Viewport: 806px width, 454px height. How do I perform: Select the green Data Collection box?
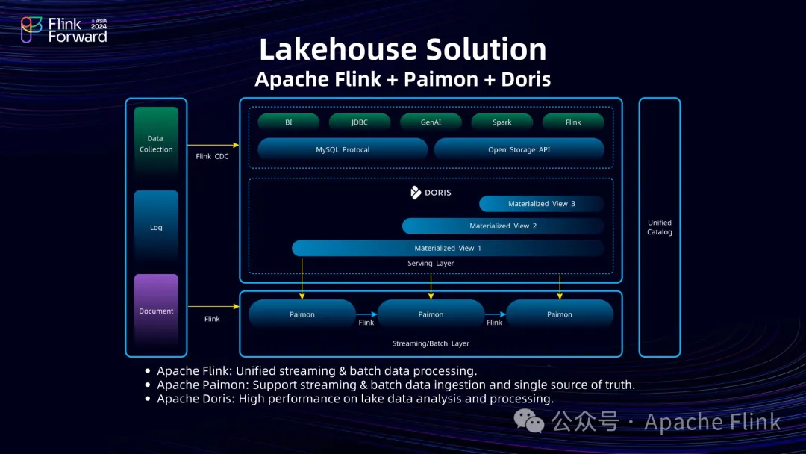coord(156,143)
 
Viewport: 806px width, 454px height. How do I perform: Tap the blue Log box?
coord(156,227)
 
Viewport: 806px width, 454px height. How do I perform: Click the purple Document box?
coord(156,311)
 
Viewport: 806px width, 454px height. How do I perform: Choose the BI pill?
coord(288,122)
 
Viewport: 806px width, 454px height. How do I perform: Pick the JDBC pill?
coord(360,122)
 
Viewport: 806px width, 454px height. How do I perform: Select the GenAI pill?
coord(431,122)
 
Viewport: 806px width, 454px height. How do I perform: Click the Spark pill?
coord(502,122)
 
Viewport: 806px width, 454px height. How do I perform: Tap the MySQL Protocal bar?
coord(343,149)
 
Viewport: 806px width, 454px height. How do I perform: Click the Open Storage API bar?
coord(519,149)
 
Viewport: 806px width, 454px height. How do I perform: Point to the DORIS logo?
coord(431,193)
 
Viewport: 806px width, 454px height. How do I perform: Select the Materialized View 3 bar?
coord(541,204)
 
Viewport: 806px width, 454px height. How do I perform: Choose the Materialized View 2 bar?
coord(503,226)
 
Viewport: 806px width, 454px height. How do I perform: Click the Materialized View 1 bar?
coord(448,248)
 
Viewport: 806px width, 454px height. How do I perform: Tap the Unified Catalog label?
coord(660,227)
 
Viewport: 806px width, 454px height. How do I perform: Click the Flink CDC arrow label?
coord(213,156)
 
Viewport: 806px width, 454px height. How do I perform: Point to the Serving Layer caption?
coord(431,264)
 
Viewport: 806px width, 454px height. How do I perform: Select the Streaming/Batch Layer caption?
coord(431,343)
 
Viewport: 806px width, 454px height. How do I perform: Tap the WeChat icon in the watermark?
coord(534,423)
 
